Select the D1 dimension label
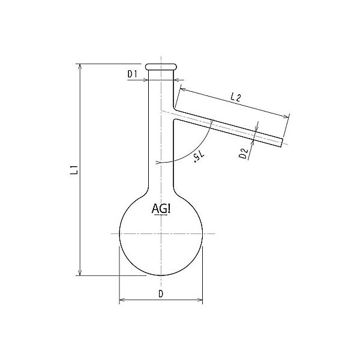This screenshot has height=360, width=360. [133, 74]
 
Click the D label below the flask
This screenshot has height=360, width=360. [161, 293]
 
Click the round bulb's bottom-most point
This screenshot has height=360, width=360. [161, 276]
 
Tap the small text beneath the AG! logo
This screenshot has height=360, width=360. [161, 217]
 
